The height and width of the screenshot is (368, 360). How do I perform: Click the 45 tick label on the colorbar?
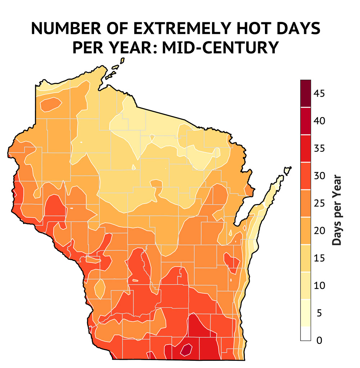click(x=319, y=94)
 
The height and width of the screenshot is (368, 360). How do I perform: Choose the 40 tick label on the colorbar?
click(x=319, y=121)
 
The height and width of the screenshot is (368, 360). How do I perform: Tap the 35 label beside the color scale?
click(x=319, y=148)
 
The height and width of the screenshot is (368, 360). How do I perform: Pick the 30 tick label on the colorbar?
click(x=319, y=176)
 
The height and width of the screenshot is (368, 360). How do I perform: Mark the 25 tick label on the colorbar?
click(x=319, y=204)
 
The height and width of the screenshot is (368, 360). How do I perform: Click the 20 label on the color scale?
click(x=319, y=231)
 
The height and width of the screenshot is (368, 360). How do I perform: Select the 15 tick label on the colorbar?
click(x=319, y=258)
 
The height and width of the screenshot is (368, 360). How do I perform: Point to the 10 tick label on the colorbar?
click(x=319, y=286)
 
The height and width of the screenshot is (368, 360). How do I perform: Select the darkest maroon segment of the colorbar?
click(x=306, y=93)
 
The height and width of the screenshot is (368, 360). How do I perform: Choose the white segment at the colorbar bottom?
click(x=306, y=333)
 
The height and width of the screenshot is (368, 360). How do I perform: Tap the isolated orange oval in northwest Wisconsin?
click(x=50, y=105)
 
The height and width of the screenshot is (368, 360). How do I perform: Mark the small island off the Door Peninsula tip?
click(x=287, y=170)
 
